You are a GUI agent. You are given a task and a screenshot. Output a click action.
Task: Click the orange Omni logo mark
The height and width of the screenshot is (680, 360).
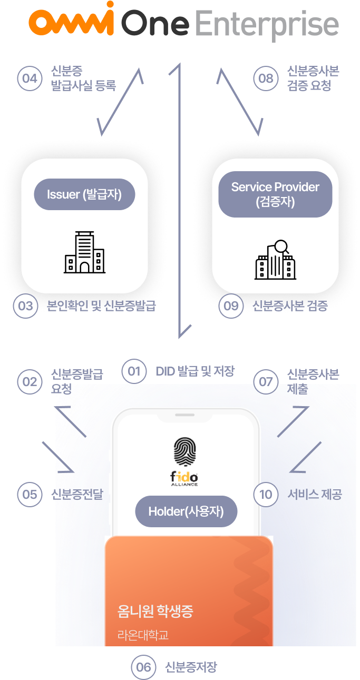(72, 19)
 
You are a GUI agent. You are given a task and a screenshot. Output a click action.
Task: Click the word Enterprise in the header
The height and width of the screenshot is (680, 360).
(266, 24)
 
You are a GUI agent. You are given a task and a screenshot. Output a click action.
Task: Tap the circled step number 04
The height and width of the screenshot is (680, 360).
(30, 78)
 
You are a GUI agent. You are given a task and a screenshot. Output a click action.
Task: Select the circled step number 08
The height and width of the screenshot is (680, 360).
(266, 78)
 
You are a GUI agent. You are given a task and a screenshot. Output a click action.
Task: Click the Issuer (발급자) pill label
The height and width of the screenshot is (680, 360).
(84, 194)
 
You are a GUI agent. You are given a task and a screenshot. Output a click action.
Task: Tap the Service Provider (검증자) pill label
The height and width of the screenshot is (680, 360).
(275, 194)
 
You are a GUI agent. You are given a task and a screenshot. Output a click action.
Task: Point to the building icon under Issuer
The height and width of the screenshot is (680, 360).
(84, 252)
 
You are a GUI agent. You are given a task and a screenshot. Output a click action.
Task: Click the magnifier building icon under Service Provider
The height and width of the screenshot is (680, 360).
(275, 260)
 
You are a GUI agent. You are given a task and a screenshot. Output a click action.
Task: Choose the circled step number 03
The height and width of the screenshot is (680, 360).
(25, 305)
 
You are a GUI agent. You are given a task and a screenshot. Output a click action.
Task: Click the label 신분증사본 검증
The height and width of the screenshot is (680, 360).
(290, 305)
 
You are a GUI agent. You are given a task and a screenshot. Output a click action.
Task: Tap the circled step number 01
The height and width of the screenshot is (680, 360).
(134, 371)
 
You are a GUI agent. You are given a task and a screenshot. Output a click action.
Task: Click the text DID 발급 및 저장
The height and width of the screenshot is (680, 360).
(195, 371)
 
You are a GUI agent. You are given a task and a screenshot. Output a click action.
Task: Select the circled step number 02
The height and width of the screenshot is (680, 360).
(30, 382)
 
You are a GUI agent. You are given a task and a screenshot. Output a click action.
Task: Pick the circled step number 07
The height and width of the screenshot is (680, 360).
(266, 382)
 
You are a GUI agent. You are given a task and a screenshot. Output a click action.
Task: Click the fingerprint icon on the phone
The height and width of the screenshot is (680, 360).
(184, 452)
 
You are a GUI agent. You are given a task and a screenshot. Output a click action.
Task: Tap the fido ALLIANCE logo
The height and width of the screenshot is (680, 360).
(184, 479)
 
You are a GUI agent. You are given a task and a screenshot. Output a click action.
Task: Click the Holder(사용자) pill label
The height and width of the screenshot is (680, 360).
(186, 511)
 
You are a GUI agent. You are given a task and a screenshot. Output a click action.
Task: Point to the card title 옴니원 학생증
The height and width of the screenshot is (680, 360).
(155, 611)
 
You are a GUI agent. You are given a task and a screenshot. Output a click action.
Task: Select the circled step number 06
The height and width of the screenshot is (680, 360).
(143, 667)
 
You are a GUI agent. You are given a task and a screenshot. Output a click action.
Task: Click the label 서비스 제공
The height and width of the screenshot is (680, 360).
(315, 495)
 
